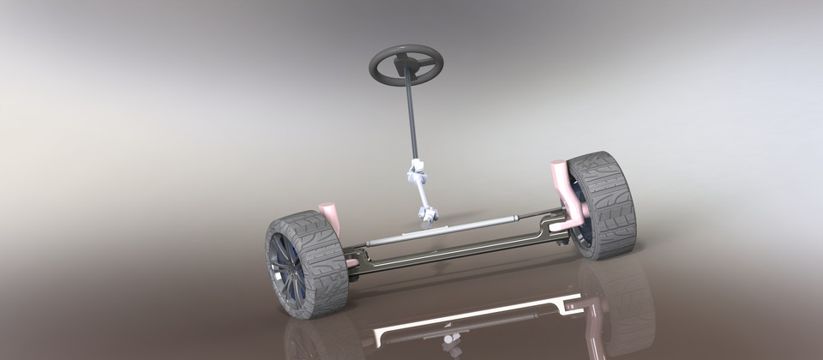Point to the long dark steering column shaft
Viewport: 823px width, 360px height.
click(412, 120)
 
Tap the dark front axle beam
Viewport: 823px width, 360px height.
click(446, 253)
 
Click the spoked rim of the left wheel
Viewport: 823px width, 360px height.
click(281, 266)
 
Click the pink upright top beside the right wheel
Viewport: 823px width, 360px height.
click(561, 171)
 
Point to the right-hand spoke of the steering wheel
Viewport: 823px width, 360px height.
click(424, 63)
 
